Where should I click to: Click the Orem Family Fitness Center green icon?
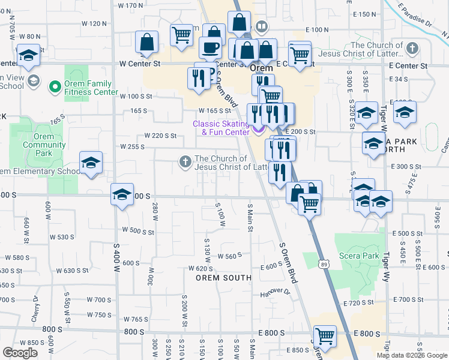pos(55,88)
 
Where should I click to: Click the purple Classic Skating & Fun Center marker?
pos(258,129)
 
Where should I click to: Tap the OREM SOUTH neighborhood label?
pos(223,278)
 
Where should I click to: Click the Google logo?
pos(20,353)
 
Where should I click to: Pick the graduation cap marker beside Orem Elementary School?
pos(91,162)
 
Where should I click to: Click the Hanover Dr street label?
pos(275,293)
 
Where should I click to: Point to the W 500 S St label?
pos(139,230)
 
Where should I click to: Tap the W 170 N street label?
pos(131,5)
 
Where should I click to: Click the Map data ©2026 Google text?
pos(412,355)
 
